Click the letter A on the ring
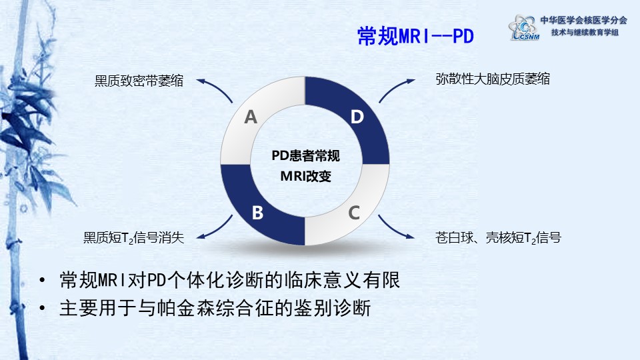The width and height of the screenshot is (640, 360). (251, 117)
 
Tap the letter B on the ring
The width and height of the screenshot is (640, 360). (257, 213)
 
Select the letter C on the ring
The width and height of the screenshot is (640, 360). (354, 213)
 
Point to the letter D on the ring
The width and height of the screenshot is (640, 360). (357, 117)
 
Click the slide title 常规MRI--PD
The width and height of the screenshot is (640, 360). (415, 36)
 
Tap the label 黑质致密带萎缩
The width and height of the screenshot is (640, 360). (139, 81)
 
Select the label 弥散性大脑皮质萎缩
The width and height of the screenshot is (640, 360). (493, 79)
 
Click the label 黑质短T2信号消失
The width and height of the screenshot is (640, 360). (133, 237)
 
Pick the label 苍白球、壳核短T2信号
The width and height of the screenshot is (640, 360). (498, 237)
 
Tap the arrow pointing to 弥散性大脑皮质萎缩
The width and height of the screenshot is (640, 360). (395, 87)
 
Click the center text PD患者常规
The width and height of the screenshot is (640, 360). (306, 155)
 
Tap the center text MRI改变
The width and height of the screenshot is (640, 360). (306, 176)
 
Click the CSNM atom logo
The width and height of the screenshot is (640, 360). (524, 28)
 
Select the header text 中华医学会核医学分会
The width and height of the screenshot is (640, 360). (584, 20)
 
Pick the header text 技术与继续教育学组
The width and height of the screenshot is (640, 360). (585, 32)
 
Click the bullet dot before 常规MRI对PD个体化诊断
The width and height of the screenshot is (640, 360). (42, 281)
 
